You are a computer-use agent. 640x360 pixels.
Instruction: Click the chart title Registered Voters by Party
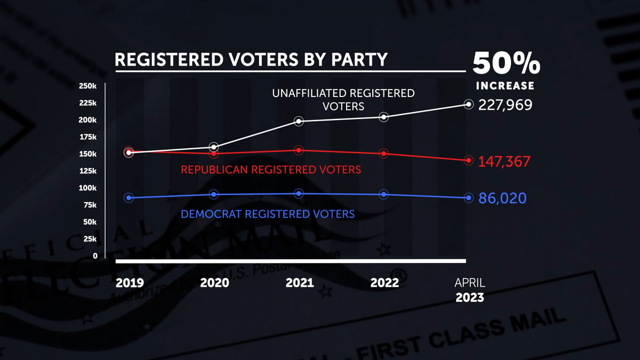pos(251,59)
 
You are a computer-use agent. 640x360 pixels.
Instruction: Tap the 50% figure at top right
pos(506,64)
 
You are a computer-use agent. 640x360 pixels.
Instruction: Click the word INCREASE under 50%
pos(505,86)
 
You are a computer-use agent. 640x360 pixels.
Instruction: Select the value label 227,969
pos(505,105)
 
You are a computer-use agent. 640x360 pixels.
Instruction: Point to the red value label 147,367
pos(504,162)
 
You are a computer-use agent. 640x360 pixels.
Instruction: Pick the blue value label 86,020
pos(502,198)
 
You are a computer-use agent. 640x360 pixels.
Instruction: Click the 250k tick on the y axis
pos(87,86)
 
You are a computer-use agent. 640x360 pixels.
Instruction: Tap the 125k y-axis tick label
pos(87,171)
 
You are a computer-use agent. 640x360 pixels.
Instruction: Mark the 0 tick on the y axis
pos(95,256)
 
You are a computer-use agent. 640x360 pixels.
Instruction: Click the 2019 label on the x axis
pos(130,283)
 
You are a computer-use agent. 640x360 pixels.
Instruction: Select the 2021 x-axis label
pos(299,283)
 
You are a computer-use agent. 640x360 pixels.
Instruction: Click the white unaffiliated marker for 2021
pos(299,121)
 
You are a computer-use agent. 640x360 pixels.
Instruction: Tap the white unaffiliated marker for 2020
pos(214,147)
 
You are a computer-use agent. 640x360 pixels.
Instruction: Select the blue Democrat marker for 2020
pos(214,194)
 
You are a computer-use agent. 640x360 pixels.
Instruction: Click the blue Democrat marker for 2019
pos(129,198)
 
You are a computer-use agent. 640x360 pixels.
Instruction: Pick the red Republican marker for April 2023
pos(469,160)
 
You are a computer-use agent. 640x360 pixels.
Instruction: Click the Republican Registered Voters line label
pos(271,170)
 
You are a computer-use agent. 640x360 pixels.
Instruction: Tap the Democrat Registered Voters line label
pos(268,214)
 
